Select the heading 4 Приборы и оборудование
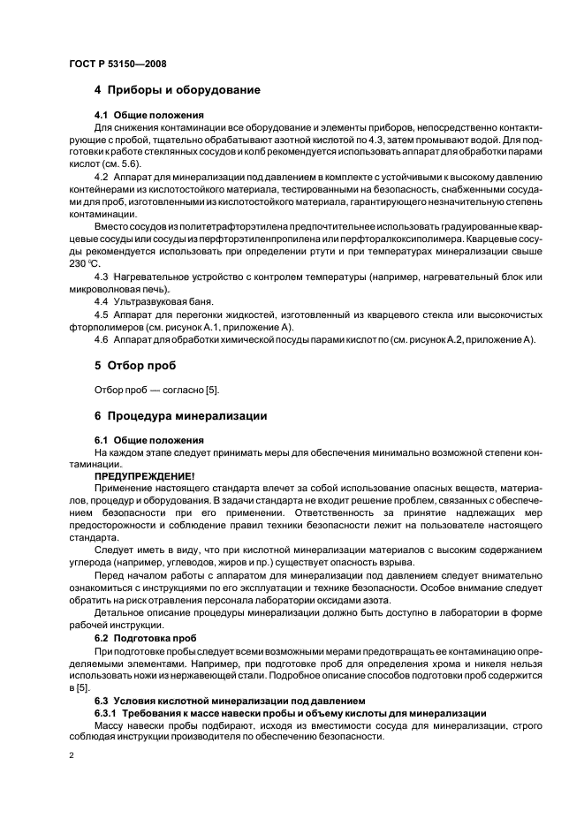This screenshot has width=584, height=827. pos(177,90)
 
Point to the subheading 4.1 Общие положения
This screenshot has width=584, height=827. pos(148,116)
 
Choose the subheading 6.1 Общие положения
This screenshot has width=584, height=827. pos(148,440)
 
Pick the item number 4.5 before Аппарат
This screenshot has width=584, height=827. pos(102,315)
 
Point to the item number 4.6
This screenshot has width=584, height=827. pos(102,340)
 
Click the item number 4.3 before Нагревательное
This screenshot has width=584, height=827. pos(102,277)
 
